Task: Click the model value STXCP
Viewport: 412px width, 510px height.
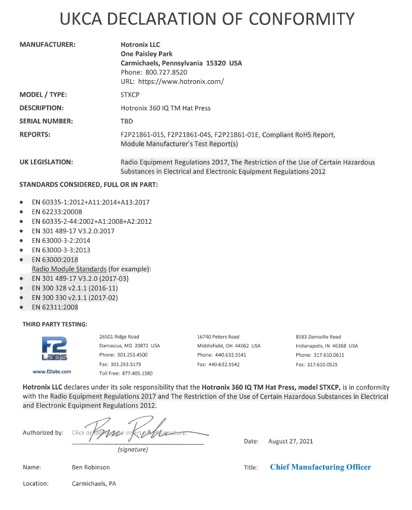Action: point(131,94)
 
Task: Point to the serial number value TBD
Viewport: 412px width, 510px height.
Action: point(126,121)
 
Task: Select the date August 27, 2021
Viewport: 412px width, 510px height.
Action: point(291,441)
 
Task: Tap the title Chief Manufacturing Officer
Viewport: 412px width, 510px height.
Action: point(320,467)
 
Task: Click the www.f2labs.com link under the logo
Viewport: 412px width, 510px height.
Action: point(52,371)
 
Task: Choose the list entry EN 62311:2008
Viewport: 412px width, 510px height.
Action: point(55,307)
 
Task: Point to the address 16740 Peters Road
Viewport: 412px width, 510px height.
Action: point(218,337)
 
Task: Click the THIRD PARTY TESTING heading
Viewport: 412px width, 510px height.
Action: point(55,324)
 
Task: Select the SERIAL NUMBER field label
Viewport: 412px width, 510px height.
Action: point(46,121)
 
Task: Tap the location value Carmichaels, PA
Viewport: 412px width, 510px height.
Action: point(93,483)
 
